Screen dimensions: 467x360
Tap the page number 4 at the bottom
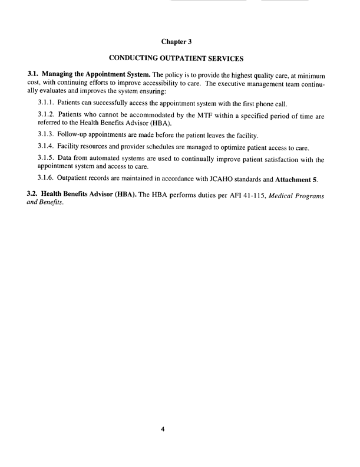click(x=163, y=413)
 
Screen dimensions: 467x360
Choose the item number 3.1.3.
click(x=47, y=136)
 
